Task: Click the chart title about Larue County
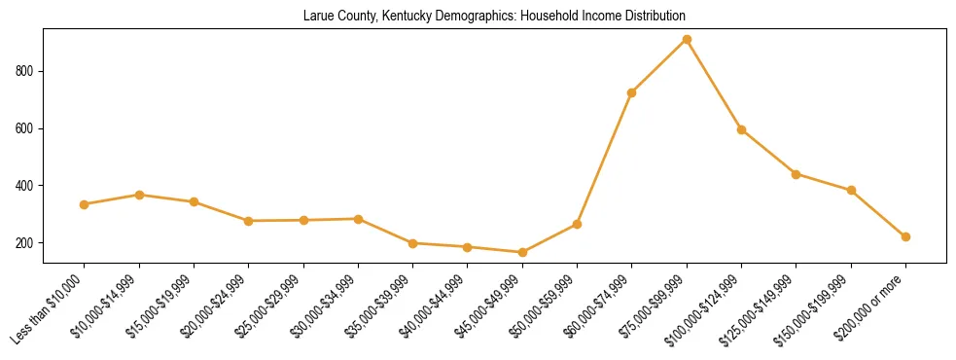coord(494,17)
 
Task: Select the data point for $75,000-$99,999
coord(687,40)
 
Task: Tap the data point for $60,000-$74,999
coord(632,93)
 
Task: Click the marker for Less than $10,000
coord(85,204)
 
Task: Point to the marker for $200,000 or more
coord(905,236)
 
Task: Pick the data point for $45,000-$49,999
coord(522,252)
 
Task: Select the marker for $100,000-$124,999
coord(741,129)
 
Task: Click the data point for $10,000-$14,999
coord(139,195)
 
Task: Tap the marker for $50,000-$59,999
coord(577,224)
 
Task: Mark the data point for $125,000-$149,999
coord(797,174)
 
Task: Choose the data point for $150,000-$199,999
coord(851,190)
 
